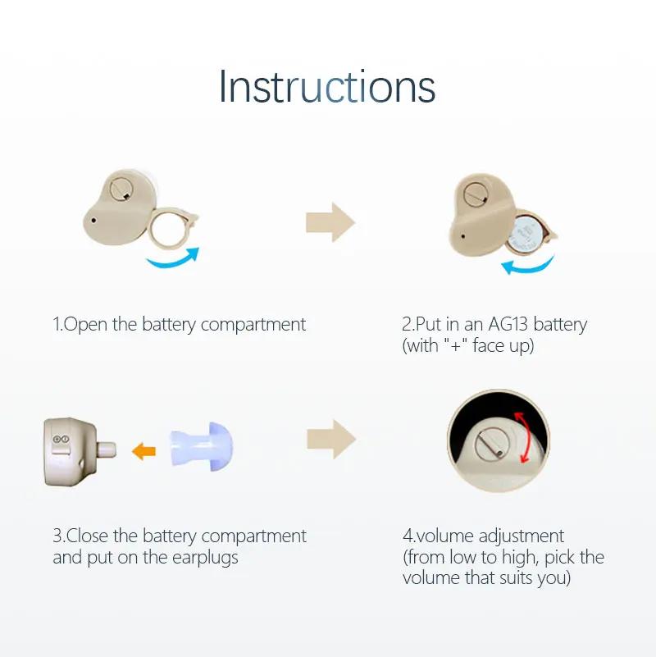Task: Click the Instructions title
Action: pyautogui.click(x=326, y=86)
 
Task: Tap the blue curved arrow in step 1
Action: pyautogui.click(x=173, y=258)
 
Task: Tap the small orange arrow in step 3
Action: pyautogui.click(x=144, y=450)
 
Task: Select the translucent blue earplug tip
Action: pyautogui.click(x=202, y=448)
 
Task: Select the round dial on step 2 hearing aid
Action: pyautogui.click(x=475, y=194)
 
